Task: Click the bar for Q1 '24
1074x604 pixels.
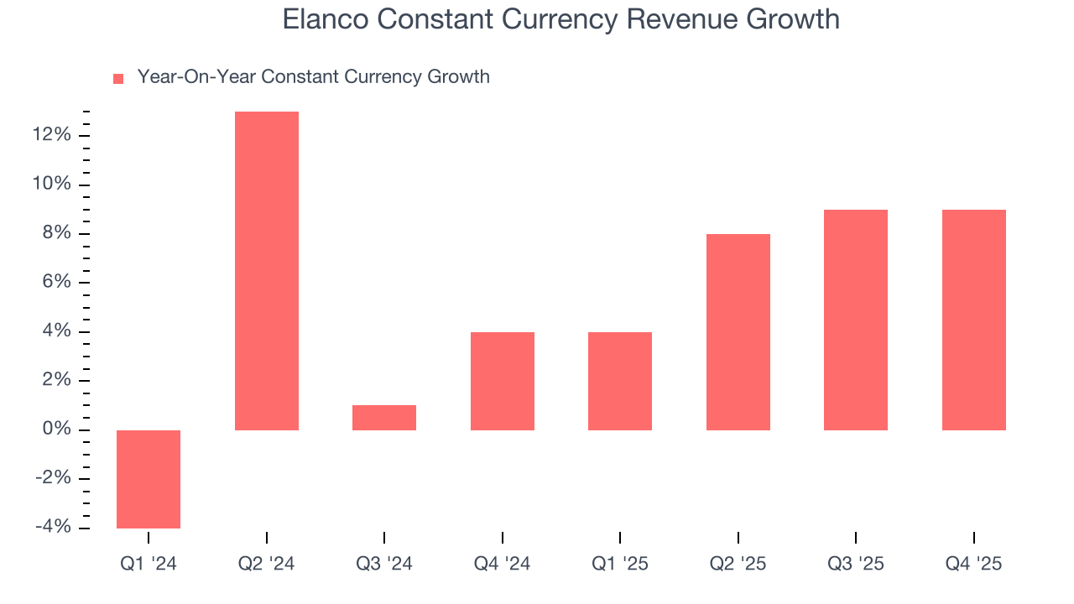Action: pyautogui.click(x=149, y=479)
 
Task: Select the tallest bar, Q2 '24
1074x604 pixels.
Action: pyautogui.click(x=266, y=271)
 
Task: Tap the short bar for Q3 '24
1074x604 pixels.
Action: pyautogui.click(x=384, y=418)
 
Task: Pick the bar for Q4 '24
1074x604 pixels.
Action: pyautogui.click(x=502, y=381)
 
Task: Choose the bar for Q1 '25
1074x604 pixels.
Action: pyautogui.click(x=620, y=381)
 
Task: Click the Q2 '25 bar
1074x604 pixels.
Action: pyautogui.click(x=738, y=332)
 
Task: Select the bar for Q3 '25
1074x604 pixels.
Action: pyautogui.click(x=856, y=320)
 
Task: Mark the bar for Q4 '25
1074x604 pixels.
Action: pyautogui.click(x=974, y=320)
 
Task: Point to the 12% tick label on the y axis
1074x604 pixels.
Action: pyautogui.click(x=51, y=136)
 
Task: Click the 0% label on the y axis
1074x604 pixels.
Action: pyautogui.click(x=56, y=430)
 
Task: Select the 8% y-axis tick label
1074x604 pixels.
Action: pyautogui.click(x=56, y=234)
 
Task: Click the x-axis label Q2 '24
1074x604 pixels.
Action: pyautogui.click(x=266, y=565)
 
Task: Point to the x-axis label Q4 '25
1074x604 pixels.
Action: pyautogui.click(x=974, y=565)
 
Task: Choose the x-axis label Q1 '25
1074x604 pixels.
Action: pyautogui.click(x=620, y=565)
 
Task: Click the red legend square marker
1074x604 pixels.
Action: pyautogui.click(x=118, y=79)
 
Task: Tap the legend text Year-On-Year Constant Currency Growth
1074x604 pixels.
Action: pyautogui.click(x=313, y=77)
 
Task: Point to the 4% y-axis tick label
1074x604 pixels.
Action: pyautogui.click(x=56, y=332)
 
